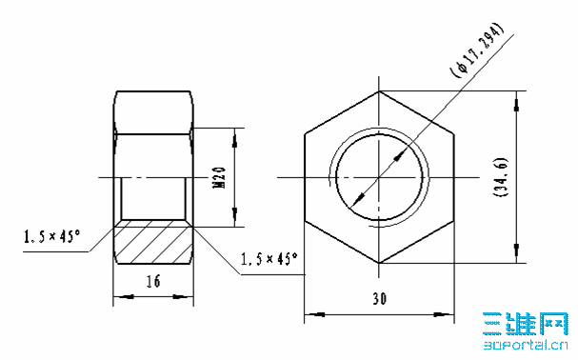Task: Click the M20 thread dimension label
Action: click(220, 177)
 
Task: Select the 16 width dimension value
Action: click(153, 281)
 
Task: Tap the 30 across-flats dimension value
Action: click(379, 298)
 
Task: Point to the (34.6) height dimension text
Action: click(501, 177)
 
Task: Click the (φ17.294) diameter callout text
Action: click(476, 50)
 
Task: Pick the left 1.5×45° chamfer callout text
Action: click(51, 235)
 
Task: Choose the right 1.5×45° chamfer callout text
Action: click(269, 258)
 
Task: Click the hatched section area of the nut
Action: click(153, 242)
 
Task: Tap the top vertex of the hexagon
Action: click(379, 91)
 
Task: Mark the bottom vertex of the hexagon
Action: click(379, 263)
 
